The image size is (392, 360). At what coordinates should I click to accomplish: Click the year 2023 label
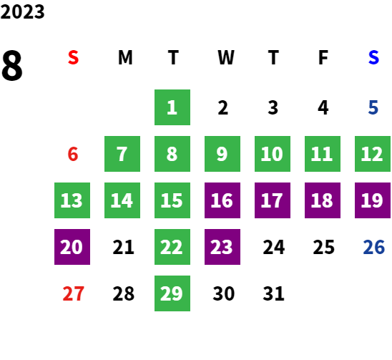pyautogui.click(x=22, y=11)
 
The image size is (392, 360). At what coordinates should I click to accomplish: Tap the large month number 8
pyautogui.click(x=12, y=65)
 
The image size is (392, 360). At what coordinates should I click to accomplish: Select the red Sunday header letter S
pyautogui.click(x=73, y=57)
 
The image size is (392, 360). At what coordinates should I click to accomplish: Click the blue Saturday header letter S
pyautogui.click(x=373, y=57)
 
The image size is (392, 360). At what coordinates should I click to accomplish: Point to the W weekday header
pyautogui.click(x=226, y=57)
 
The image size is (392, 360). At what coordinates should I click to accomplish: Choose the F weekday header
pyautogui.click(x=323, y=57)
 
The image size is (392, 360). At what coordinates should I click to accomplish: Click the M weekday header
pyautogui.click(x=125, y=57)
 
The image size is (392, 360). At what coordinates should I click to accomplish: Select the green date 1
pyautogui.click(x=172, y=107)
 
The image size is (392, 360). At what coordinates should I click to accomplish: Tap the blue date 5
pyautogui.click(x=373, y=107)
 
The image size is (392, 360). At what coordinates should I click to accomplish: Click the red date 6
pyautogui.click(x=73, y=154)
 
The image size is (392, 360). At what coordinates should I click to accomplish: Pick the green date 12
pyautogui.click(x=373, y=154)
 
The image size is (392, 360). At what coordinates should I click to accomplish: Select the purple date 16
pyautogui.click(x=222, y=200)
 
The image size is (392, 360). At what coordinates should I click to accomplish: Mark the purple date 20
pyautogui.click(x=72, y=247)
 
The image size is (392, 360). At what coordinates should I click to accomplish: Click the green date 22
pyautogui.click(x=172, y=247)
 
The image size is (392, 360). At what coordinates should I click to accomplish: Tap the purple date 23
pyautogui.click(x=222, y=247)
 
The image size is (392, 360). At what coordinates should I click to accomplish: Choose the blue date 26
pyautogui.click(x=373, y=247)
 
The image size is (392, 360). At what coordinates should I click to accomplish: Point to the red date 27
pyautogui.click(x=73, y=293)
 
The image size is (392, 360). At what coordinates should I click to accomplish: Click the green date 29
pyautogui.click(x=172, y=293)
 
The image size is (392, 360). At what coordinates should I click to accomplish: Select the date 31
pyautogui.click(x=273, y=293)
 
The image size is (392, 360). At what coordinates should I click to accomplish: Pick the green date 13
pyautogui.click(x=72, y=200)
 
